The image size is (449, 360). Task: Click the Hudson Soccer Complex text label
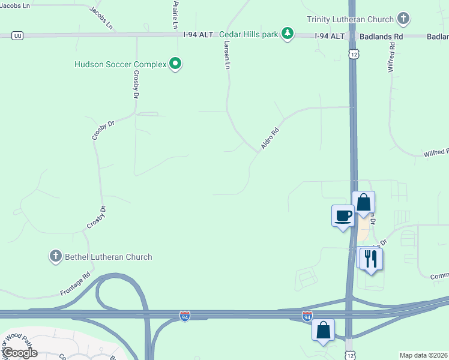click(x=120, y=64)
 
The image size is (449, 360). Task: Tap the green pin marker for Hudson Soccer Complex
click(x=175, y=63)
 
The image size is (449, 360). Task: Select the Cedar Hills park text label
click(x=249, y=34)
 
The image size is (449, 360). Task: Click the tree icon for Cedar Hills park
click(x=288, y=33)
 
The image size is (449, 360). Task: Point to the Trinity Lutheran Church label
click(x=350, y=20)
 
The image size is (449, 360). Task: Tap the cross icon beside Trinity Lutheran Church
click(x=403, y=19)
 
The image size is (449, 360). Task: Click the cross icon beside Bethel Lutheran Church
click(x=55, y=256)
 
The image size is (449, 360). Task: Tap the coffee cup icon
click(x=343, y=215)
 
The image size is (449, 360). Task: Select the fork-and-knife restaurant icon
click(x=372, y=259)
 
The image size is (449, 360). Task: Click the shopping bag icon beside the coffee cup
click(x=363, y=202)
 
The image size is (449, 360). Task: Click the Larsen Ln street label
click(x=226, y=55)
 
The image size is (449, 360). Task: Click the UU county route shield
click(x=17, y=36)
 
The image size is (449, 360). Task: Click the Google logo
click(x=20, y=353)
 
